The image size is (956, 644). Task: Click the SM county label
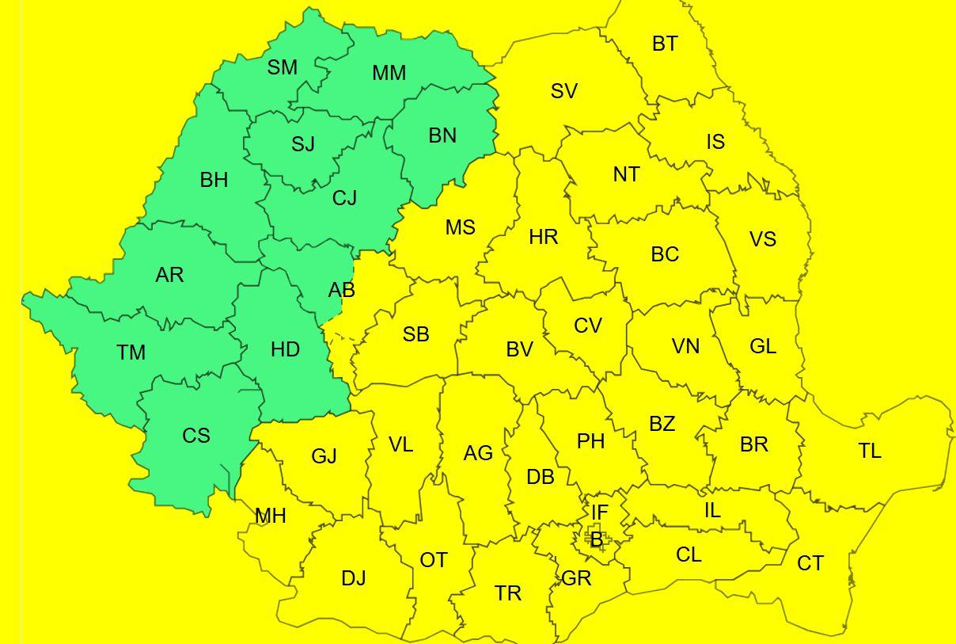click(283, 68)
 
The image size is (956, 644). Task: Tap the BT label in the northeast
click(665, 44)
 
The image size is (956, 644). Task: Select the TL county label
click(870, 452)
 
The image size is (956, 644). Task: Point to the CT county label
click(810, 563)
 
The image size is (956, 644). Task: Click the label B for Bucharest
click(597, 541)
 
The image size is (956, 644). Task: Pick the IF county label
click(600, 513)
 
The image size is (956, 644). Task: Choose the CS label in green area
click(196, 436)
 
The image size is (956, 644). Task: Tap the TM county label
click(131, 352)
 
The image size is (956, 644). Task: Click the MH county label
click(271, 516)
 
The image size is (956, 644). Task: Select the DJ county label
click(354, 579)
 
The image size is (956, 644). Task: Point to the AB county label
click(342, 291)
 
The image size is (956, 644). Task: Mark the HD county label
click(285, 349)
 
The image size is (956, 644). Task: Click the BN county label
click(442, 136)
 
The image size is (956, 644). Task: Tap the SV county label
click(564, 92)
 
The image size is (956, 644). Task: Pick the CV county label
click(588, 326)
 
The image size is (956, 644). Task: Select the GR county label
click(576, 579)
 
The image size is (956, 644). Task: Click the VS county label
click(763, 239)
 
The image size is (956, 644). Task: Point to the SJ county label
click(303, 144)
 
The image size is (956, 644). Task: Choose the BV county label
click(520, 349)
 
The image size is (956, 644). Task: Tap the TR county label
click(508, 593)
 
